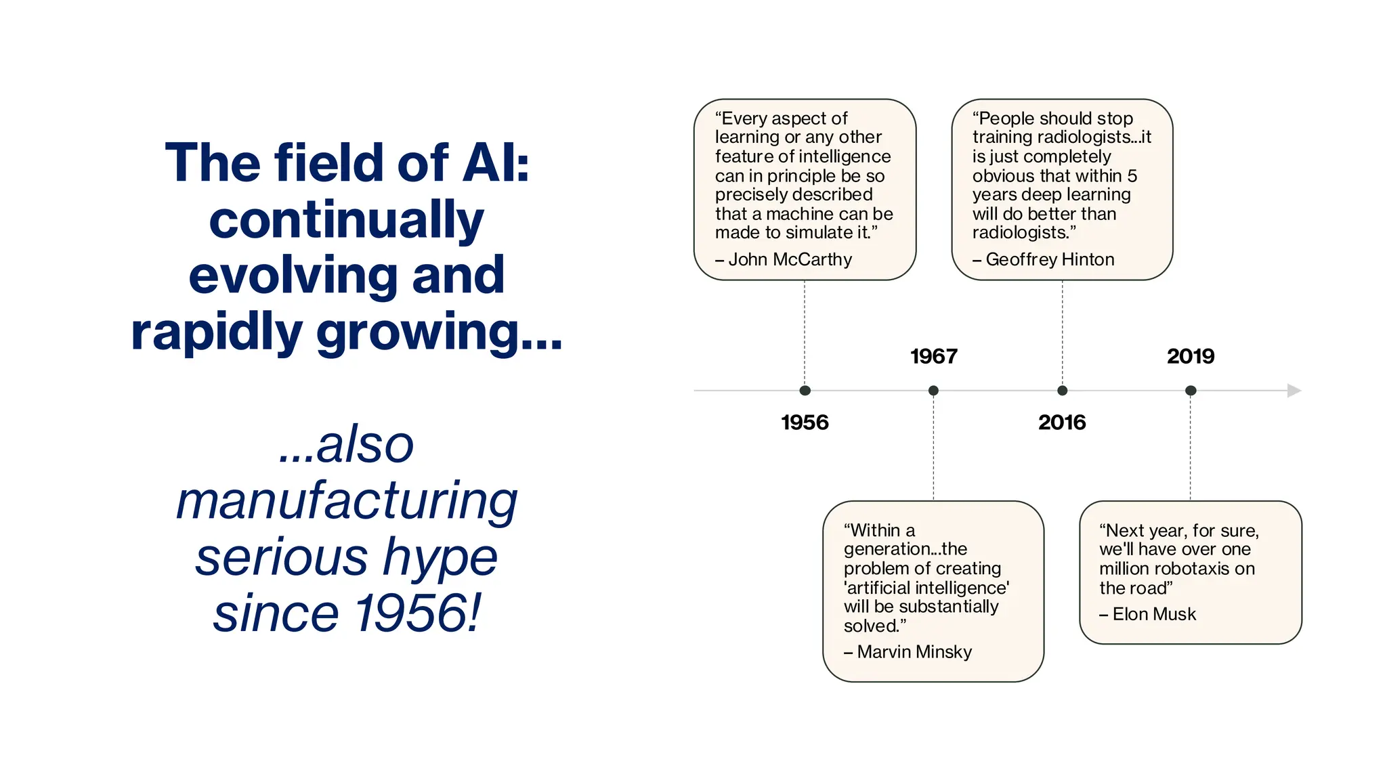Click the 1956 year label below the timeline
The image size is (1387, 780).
pos(805,422)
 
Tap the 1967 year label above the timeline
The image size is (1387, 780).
pos(933,356)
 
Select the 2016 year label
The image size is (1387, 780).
pos(1062,422)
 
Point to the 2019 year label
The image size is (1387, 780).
pos(1191,356)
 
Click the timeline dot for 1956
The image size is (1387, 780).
pos(805,391)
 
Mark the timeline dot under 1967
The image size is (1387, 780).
pos(933,391)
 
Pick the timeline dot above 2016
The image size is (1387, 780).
pos(1062,391)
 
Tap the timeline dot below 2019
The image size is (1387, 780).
pos(1191,391)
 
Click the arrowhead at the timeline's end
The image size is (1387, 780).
pos(1294,391)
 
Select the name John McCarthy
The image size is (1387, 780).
pos(790,259)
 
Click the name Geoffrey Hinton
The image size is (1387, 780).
pos(1050,259)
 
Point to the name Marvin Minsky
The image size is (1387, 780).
pos(914,652)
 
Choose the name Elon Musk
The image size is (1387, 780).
pos(1154,614)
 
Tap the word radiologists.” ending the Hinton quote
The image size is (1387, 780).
pos(1024,233)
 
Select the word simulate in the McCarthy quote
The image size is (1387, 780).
pos(821,233)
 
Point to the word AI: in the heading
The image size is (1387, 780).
pos(495,163)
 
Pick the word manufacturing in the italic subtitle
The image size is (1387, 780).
pos(347,501)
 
